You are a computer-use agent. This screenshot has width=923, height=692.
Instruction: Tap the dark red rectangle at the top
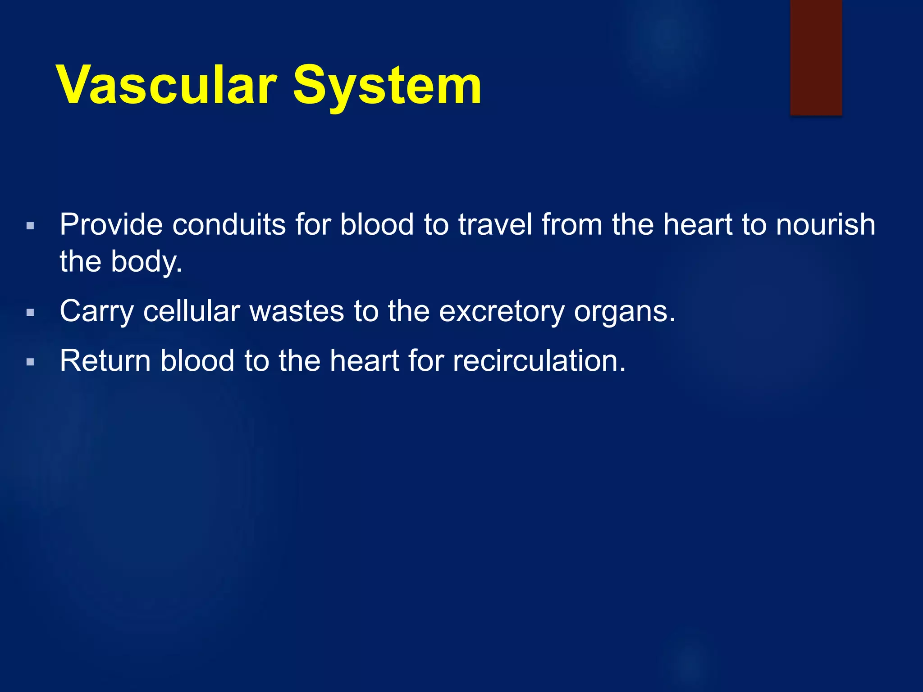816,58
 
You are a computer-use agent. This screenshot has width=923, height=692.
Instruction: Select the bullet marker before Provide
30,226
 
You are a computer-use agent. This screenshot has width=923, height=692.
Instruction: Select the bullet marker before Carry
30,312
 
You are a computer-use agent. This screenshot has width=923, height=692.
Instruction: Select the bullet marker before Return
30,362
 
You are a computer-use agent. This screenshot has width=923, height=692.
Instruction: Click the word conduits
229,224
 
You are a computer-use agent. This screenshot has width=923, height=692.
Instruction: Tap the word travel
495,224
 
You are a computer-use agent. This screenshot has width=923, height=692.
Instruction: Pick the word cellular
192,311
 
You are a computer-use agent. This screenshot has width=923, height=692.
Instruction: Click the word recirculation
539,361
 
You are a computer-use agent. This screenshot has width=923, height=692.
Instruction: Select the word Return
105,361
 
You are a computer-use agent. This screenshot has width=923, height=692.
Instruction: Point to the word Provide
111,224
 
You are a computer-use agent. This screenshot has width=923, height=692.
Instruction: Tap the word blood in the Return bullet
197,361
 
